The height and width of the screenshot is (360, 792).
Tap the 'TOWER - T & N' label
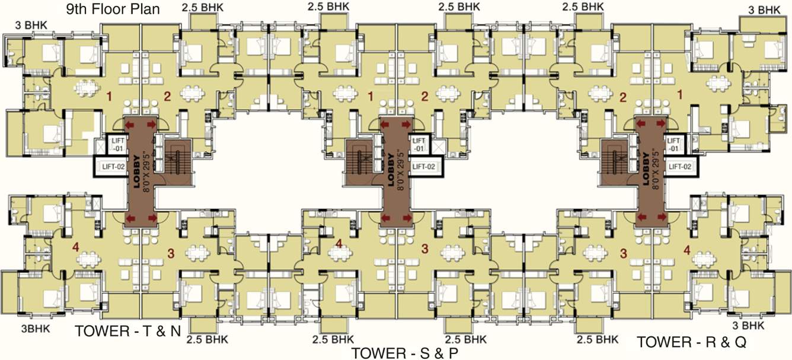tap(127, 332)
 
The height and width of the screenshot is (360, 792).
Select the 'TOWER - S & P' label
tap(405, 353)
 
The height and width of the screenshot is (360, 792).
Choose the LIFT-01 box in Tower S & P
tap(419, 144)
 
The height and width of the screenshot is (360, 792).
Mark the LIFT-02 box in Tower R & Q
tap(680, 167)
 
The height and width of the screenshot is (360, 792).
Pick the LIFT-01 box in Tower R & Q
tap(673, 144)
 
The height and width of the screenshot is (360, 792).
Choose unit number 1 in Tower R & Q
tap(680, 94)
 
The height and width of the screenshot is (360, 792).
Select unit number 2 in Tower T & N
tap(167, 95)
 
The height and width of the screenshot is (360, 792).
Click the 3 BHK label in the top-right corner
tap(764, 10)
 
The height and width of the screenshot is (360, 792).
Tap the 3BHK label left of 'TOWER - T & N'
tap(36, 329)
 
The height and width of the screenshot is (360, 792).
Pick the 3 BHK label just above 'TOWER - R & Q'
tap(748, 326)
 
